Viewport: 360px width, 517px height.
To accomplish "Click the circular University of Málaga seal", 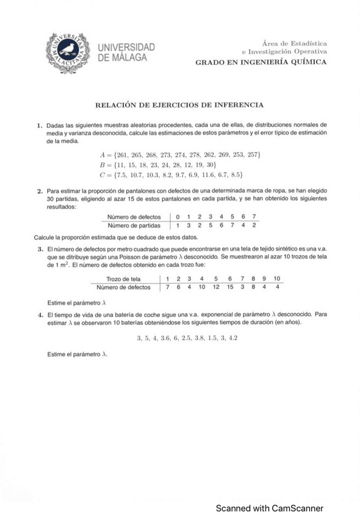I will pos(68,49).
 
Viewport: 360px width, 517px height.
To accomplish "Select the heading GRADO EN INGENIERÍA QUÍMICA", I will pos(261,62).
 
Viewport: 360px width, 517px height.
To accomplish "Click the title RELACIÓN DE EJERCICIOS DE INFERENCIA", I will pos(179,105).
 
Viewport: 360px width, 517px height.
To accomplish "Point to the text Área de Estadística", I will pos(294,44).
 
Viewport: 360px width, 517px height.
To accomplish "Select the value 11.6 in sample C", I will pos(209,176).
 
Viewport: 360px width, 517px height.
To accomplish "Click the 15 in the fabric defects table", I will pos(230,287).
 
